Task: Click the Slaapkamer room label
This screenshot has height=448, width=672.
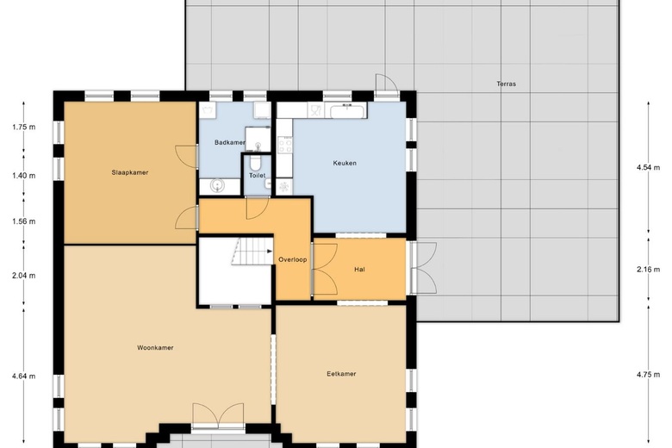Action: coord(130,172)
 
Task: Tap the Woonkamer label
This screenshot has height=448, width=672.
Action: coord(155,348)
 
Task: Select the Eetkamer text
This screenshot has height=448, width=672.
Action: coord(341,374)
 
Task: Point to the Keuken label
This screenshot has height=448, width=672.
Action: coord(345,163)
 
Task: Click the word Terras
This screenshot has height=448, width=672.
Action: coord(506,84)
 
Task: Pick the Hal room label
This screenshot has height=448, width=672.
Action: coord(359,270)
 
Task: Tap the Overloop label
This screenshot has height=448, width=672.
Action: coord(293,260)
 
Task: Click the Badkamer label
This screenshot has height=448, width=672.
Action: coord(230,142)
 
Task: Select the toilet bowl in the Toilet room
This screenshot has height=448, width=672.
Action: coord(256,163)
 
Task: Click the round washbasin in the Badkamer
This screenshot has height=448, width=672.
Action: coord(217,185)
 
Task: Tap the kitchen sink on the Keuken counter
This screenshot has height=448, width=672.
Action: coord(348,110)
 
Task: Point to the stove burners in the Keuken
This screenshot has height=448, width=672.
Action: coord(285,145)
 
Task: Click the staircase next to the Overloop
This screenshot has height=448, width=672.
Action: coord(252,252)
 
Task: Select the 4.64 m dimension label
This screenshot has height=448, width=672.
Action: coord(23,376)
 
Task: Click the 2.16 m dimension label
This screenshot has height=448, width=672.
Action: coord(649,270)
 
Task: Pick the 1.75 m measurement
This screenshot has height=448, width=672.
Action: coord(23,127)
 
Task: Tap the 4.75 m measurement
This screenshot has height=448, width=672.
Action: coord(649,374)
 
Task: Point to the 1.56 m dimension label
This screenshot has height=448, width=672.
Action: coord(23,221)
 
